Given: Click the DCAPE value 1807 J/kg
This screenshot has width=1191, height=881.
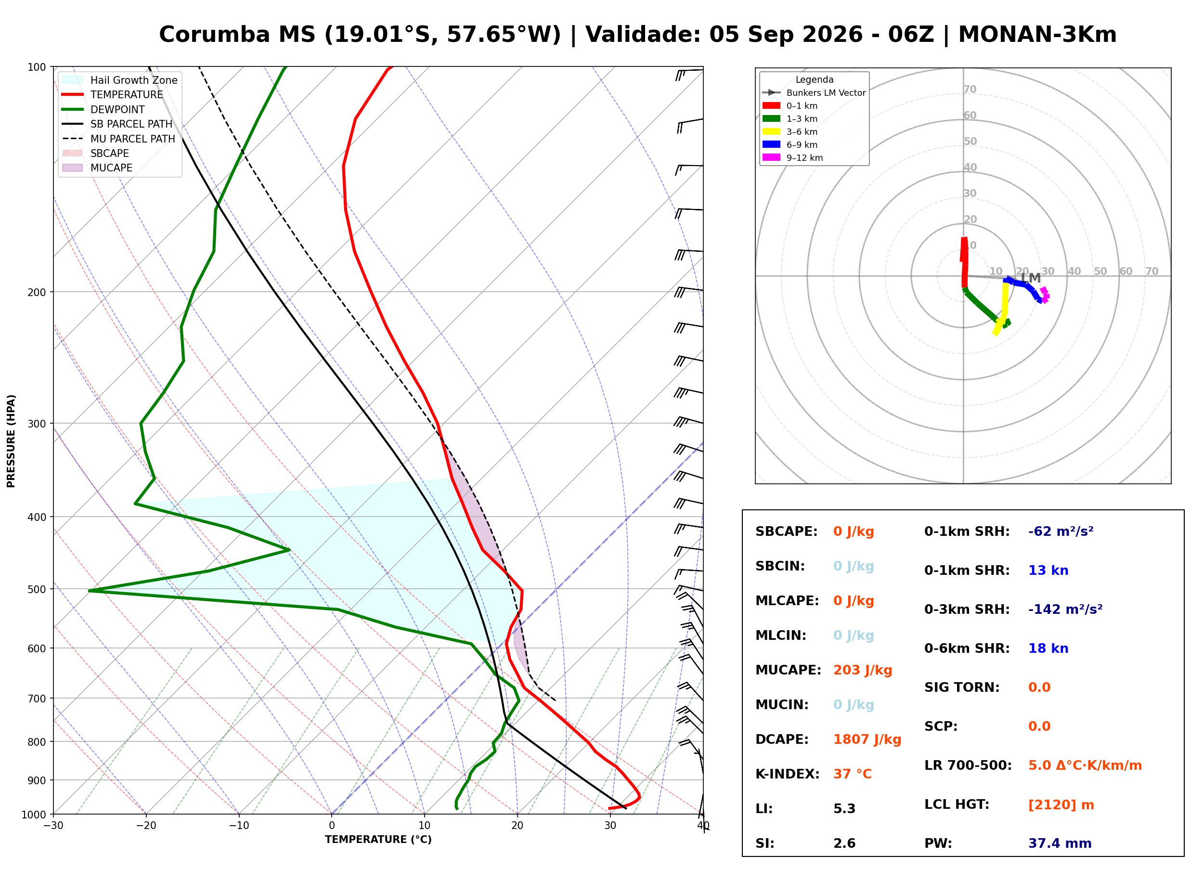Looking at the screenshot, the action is pos(867,739).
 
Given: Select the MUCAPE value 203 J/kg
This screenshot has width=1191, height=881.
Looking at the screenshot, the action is pos(863,670).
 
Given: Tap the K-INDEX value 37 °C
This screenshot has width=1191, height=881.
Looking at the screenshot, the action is pos(853,774).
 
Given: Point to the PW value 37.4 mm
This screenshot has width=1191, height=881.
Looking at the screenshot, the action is pos(1060,843).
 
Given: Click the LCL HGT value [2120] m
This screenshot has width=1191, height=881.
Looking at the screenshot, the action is pos(1061,805).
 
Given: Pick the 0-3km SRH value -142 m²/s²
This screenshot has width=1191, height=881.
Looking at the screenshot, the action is pos(1065,609).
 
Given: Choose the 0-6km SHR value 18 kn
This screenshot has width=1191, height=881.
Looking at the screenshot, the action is pos(1048,648).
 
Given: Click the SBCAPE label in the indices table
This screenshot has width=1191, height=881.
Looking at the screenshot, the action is pos(786,531).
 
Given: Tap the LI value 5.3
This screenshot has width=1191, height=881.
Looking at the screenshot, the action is pos(844,809).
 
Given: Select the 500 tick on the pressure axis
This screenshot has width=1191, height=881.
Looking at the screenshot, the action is pos(38,589).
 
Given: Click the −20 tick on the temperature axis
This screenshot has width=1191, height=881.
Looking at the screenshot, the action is pos(145,826).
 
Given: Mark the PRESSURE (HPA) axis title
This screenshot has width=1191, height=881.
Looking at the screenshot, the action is pos(11,441).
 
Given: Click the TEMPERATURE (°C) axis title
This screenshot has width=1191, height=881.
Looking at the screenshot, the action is pos(378,840).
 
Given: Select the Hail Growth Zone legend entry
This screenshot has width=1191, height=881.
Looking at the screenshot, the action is pos(120,80).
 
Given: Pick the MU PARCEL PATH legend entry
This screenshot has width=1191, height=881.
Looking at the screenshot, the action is pos(119,139).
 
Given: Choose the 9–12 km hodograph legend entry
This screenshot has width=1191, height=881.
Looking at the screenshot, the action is pos(793,158).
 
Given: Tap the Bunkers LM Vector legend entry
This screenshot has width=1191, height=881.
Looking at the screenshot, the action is pos(814,93).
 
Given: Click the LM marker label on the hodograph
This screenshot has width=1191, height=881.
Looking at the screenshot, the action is pos(1031,278).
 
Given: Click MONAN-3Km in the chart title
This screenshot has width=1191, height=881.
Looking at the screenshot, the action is pos(1037,35).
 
